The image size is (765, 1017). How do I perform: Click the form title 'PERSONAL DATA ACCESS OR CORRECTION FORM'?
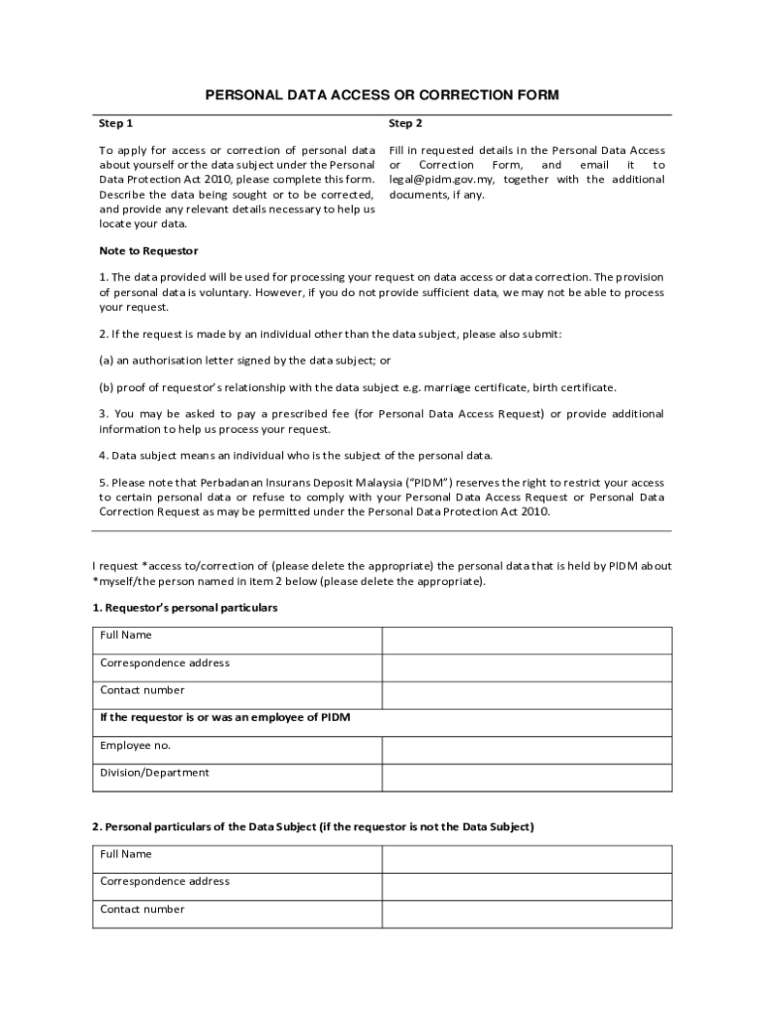point(382,95)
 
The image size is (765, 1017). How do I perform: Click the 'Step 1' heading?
point(116,124)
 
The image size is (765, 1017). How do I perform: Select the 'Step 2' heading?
point(405,124)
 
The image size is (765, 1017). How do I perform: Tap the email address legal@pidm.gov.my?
point(443,180)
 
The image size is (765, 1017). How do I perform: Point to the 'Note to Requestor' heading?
point(149,251)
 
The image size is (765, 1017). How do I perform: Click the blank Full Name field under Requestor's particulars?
point(527,641)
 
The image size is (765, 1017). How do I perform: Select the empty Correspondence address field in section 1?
point(527,667)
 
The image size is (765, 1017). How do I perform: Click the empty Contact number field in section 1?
point(527,695)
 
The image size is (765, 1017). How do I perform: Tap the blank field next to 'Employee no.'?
point(527,750)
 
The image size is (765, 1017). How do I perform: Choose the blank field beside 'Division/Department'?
point(527,778)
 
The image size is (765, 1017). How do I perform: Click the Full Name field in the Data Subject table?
point(527,859)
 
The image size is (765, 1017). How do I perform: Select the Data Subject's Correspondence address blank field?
point(527,886)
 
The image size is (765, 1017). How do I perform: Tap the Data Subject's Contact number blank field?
point(527,914)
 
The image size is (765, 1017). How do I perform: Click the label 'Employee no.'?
point(135,746)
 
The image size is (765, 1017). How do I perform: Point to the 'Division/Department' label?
point(155,773)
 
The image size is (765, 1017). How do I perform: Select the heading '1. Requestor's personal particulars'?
point(185,608)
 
